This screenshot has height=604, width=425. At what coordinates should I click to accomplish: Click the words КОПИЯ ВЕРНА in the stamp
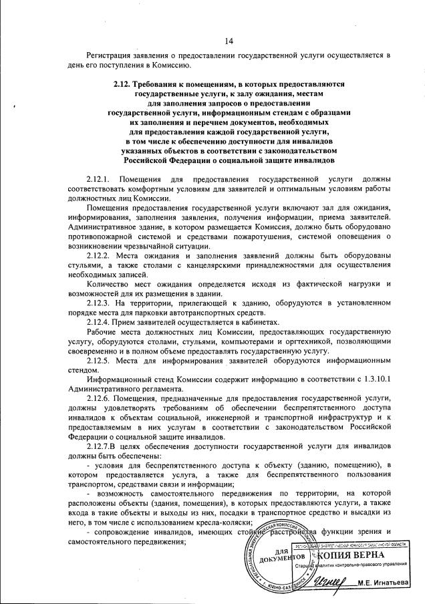350,556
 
